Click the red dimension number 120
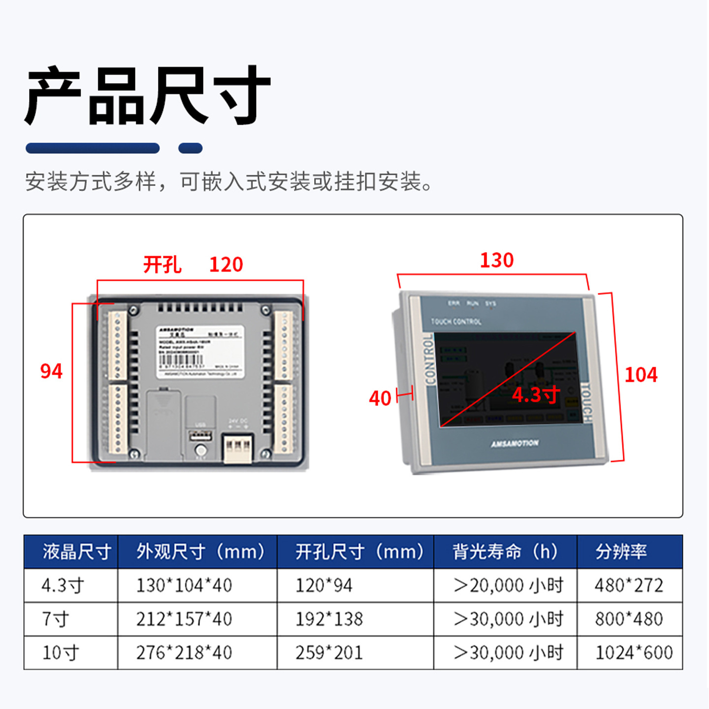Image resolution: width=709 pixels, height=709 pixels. (226, 265)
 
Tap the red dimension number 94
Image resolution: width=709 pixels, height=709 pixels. (51, 371)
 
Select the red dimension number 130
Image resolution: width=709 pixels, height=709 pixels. (497, 260)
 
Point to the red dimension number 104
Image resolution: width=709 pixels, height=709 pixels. (641, 375)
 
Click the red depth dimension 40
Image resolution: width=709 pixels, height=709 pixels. (380, 398)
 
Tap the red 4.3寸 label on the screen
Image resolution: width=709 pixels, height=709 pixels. (536, 395)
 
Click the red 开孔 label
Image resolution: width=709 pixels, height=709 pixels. (162, 265)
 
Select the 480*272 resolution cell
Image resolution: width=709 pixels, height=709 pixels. (629, 585)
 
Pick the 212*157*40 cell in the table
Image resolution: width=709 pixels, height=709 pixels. (184, 619)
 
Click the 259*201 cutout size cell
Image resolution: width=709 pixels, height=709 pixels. (329, 653)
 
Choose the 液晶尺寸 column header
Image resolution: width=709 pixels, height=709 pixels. (76, 551)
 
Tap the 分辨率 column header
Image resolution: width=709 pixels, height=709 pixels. (621, 551)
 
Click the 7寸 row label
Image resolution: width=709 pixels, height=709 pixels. (55, 619)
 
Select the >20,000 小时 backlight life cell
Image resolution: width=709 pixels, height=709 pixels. (508, 585)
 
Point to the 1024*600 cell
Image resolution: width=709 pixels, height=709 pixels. (634, 653)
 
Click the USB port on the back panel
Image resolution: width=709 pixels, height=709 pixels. (200, 436)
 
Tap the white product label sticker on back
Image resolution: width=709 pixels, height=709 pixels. (200, 351)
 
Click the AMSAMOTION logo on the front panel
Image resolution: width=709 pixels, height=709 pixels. (515, 444)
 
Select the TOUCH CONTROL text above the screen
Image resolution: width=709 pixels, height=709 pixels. (456, 322)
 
